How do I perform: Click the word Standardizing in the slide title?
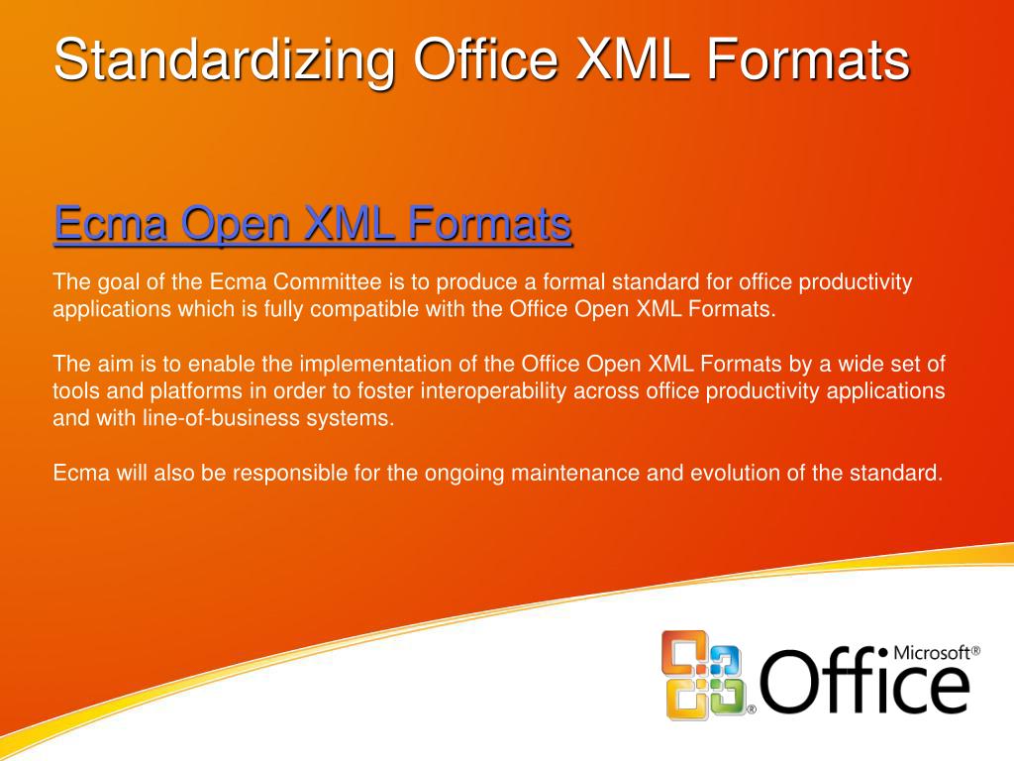(x=224, y=59)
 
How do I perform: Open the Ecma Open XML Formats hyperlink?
(x=313, y=223)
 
